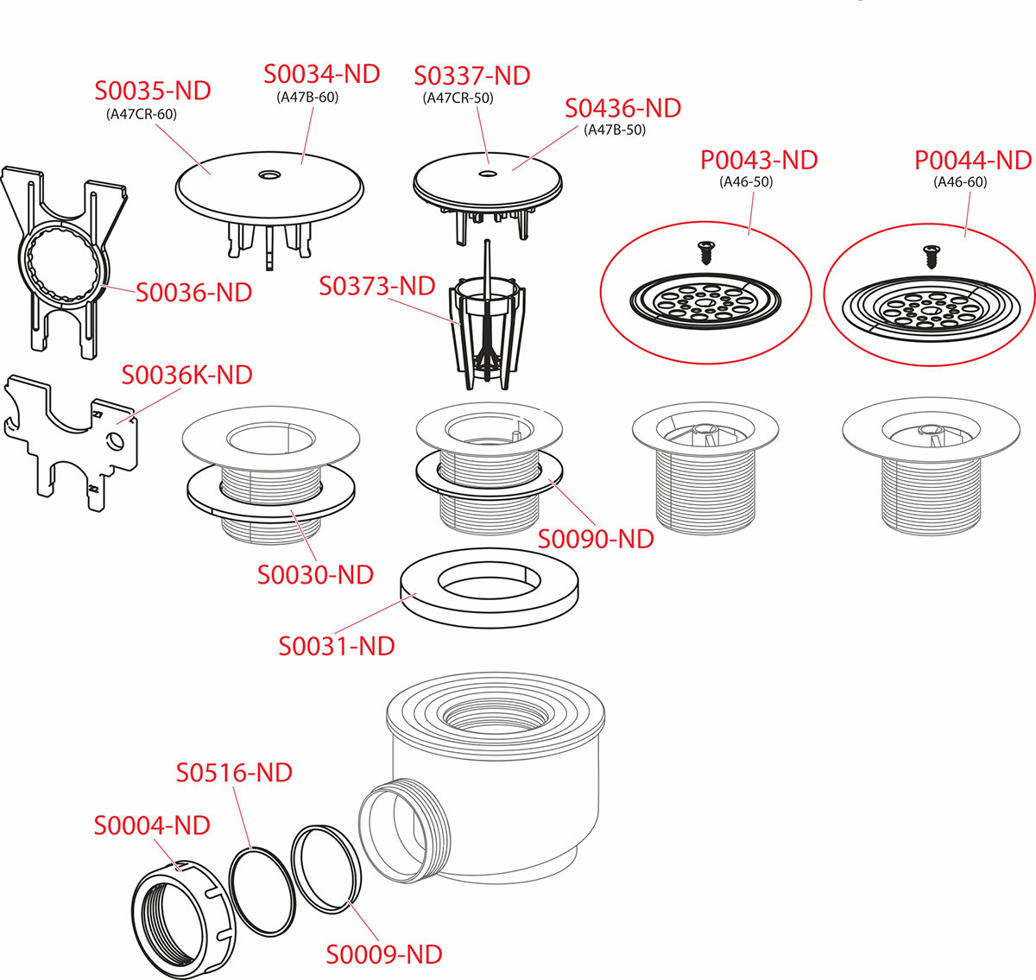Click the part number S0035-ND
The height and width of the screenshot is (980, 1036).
pos(153,91)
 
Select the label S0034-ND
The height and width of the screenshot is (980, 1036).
pos(322,73)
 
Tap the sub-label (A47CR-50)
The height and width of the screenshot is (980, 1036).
pos(458,98)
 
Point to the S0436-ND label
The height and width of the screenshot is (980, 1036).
pos(622,108)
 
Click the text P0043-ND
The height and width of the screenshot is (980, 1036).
pos(759,160)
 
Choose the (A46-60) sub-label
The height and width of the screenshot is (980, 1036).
pos(960,182)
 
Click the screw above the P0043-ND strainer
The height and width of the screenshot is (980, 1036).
pos(705,252)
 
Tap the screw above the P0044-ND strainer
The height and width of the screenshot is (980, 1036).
pos(931,256)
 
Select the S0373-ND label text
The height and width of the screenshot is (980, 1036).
pos(377,287)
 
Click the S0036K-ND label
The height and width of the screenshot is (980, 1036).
pos(187,375)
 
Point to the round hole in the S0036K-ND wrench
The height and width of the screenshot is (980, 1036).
pos(116,441)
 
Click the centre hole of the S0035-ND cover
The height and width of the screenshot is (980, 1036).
pos(268,174)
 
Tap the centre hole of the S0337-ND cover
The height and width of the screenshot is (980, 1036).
pos(487,174)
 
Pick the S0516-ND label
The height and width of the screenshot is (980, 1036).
pos(234,772)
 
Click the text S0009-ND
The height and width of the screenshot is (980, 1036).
pos(384,954)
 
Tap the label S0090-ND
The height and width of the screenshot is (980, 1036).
pos(596,539)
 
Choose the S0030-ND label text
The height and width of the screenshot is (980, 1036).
pos(315,574)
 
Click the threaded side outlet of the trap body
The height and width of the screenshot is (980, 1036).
pos(405,831)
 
